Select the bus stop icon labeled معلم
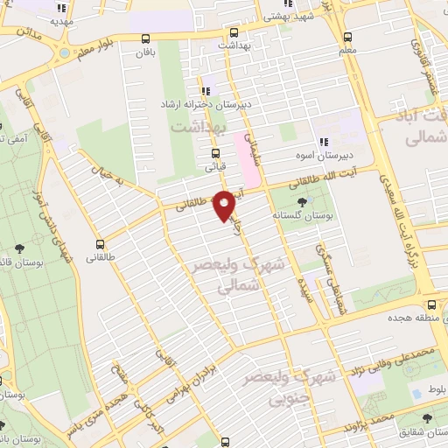coord(348,38)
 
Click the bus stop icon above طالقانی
coord(102,244)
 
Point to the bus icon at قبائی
coord(215,151)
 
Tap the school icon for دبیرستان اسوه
coord(324,142)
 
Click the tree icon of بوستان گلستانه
coord(302,202)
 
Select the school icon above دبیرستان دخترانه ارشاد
coord(207,91)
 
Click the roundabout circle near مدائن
coord(63,52)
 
